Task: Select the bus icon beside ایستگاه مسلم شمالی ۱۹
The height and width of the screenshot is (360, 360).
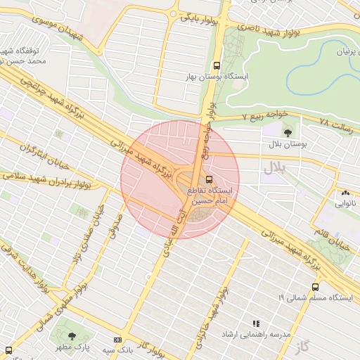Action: click(x=315, y=287)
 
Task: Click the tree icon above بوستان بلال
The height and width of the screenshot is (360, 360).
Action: click(x=287, y=132)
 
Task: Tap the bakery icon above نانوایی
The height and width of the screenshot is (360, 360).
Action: click(x=345, y=193)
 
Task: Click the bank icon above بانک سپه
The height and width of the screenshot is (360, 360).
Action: click(x=117, y=340)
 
